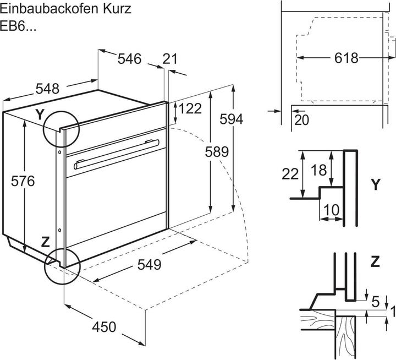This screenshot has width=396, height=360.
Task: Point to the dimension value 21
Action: tap(171, 59)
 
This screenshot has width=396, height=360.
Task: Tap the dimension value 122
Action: tap(190, 109)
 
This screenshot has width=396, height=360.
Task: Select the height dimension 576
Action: tap(23, 181)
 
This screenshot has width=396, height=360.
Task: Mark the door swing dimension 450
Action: tap(103, 327)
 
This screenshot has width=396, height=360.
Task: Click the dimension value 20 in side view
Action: tap(301, 119)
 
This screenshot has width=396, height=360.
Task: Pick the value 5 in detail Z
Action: tap(375, 301)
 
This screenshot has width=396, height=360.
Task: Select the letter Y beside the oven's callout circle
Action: tap(39, 114)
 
